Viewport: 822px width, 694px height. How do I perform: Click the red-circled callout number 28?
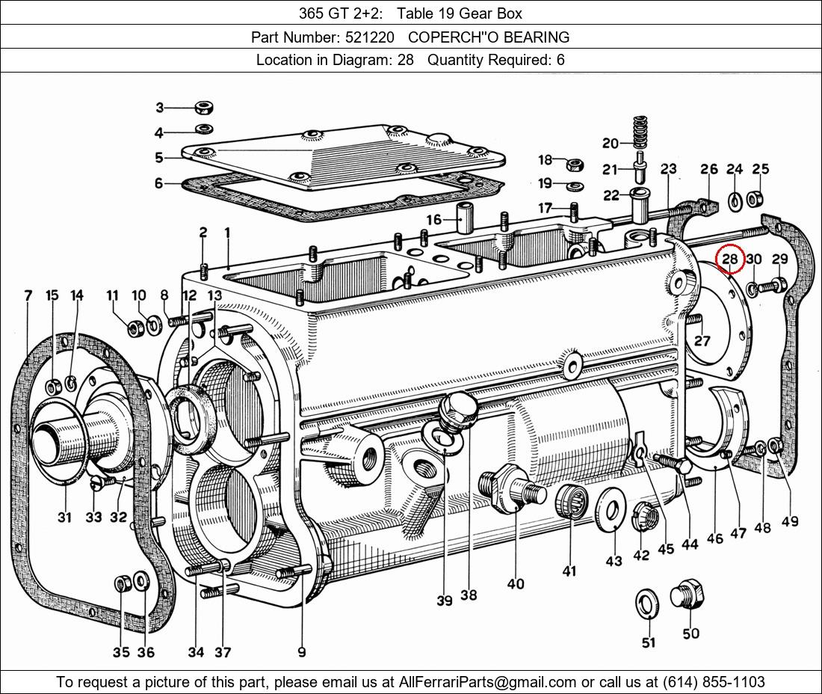[x=729, y=260]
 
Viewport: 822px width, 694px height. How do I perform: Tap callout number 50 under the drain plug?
[x=691, y=633]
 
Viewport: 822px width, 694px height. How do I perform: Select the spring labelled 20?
[x=639, y=132]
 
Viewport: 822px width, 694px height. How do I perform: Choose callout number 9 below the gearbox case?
[x=302, y=652]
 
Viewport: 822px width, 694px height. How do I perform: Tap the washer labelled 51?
[x=647, y=603]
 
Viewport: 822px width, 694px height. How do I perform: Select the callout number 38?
[x=469, y=595]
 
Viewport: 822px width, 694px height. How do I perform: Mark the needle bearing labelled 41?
[x=572, y=500]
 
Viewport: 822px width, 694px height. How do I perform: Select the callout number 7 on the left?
[x=28, y=296]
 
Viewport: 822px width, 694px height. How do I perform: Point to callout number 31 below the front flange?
[x=64, y=517]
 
